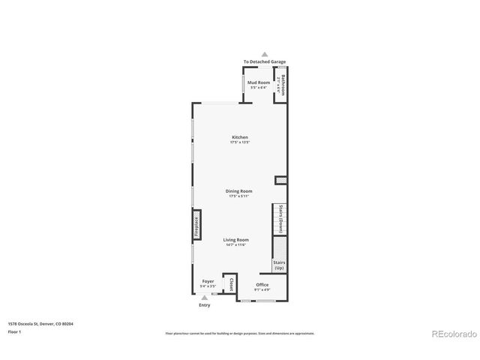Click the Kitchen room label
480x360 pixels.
(x=239, y=137)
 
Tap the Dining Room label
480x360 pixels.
(x=239, y=191)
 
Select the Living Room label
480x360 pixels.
(x=236, y=240)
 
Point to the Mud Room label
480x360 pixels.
(x=258, y=82)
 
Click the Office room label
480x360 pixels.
(x=262, y=285)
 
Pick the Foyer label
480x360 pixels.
(x=208, y=282)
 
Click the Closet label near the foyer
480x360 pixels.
(x=231, y=285)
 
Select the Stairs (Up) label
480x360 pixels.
(x=279, y=265)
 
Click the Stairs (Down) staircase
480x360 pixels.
(x=280, y=219)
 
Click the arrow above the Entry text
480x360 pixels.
(x=204, y=298)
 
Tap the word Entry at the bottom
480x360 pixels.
(x=204, y=305)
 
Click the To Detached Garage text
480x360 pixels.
(x=264, y=61)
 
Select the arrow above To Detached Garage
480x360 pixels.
(x=264, y=54)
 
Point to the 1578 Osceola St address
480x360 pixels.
(x=40, y=324)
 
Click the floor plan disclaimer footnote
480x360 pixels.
(x=239, y=333)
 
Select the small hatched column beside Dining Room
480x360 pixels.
(x=280, y=179)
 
